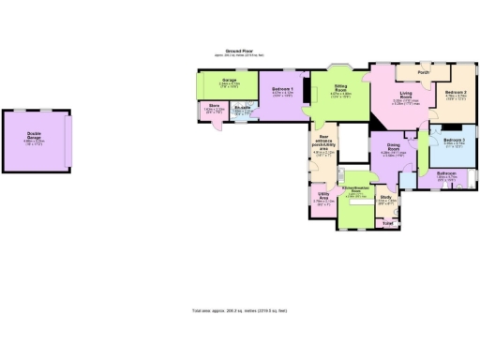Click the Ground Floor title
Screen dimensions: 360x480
(x=239, y=52)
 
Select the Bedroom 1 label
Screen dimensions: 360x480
(x=282, y=90)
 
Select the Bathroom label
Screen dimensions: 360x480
(x=448, y=175)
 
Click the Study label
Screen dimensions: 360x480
(x=385, y=198)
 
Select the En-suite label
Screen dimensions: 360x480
(x=241, y=109)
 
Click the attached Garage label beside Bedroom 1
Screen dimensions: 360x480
(x=229, y=82)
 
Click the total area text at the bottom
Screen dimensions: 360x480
(x=239, y=309)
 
